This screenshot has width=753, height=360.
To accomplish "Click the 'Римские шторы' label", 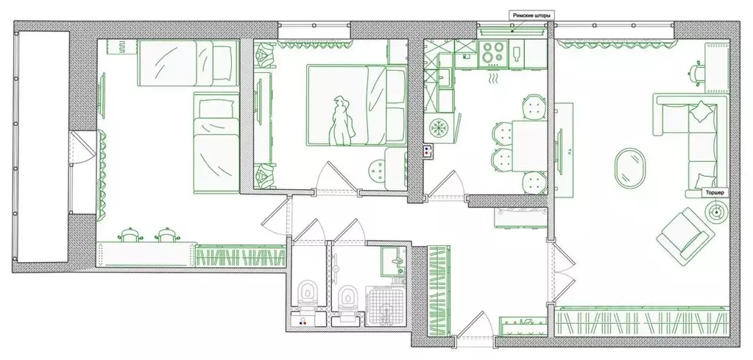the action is click(532, 15).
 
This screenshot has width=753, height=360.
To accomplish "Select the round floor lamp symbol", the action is click(716, 211).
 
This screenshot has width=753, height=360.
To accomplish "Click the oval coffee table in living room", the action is click(629, 168).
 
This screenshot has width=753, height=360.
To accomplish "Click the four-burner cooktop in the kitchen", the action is click(493, 53).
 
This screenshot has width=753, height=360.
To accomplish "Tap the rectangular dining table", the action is click(529, 146).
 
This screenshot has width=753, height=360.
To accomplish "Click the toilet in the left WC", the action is click(308, 294).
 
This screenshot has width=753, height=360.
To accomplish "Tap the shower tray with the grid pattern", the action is click(386, 306).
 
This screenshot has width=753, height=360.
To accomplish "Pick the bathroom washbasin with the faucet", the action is click(394, 261).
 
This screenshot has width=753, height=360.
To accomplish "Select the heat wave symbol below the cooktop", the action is click(493, 78).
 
